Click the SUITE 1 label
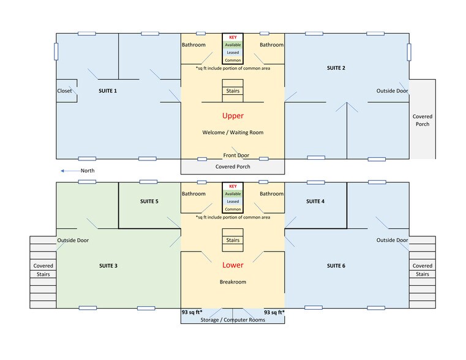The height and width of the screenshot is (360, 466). tap(108, 91)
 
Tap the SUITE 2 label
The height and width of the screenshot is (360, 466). tap(336, 68)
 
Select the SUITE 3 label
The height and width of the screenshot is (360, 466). tap(108, 266)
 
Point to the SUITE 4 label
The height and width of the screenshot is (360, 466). tap(315, 201)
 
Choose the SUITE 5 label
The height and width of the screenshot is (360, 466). tap(149, 201)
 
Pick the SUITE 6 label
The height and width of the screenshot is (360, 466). tap(336, 266)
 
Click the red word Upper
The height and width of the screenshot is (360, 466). tap(233, 116)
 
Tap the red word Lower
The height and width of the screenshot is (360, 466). tap(233, 265)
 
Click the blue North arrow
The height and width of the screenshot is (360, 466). tap(70, 171)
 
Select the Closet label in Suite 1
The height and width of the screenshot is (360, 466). tap(64, 91)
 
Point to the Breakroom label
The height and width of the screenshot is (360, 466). tap(233, 282)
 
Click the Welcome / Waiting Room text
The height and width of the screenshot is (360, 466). tap(233, 132)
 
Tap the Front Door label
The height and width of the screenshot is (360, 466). tap(236, 156)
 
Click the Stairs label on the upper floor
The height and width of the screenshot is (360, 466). tap(233, 91)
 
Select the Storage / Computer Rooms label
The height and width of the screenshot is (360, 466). tap(233, 320)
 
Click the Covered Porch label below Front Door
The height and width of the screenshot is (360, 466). tap(233, 167)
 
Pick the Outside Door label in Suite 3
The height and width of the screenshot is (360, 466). tap(73, 240)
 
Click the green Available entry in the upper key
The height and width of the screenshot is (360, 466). tap(233, 45)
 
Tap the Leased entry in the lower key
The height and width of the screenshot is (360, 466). tap(233, 201)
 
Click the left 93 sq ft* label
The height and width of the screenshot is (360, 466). tap(192, 312)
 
